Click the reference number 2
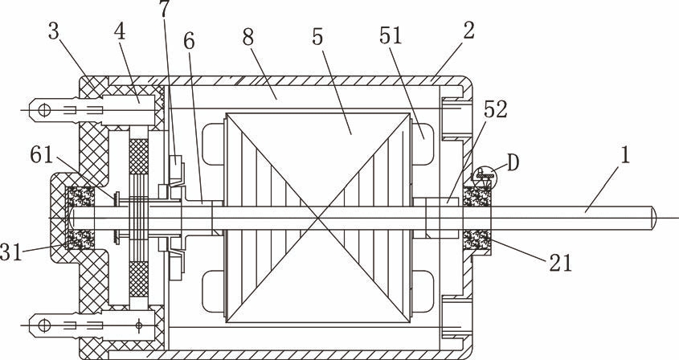(x=468, y=31)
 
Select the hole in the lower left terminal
(x=46, y=325)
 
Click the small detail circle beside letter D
(x=485, y=173)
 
